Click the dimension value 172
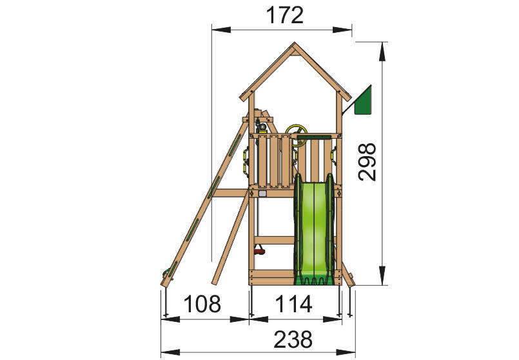(285, 15)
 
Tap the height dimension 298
(367, 163)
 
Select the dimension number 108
(202, 304)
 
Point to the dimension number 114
(293, 304)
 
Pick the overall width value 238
(293, 339)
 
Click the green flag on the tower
(363, 100)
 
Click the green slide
(314, 229)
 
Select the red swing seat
(259, 252)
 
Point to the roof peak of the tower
(294, 43)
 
